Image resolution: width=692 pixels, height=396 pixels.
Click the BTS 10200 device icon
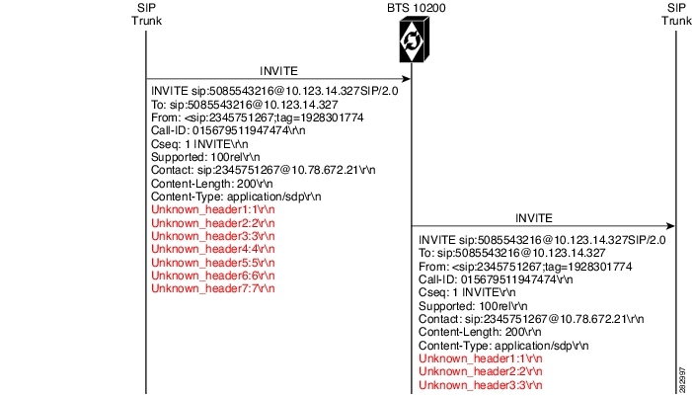click(x=414, y=40)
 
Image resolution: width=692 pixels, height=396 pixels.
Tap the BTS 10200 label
click(x=417, y=8)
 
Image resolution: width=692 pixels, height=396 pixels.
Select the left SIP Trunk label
click(x=146, y=14)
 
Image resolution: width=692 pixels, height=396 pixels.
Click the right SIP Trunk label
click(x=676, y=14)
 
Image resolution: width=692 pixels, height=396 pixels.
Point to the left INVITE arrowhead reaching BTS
click(x=406, y=79)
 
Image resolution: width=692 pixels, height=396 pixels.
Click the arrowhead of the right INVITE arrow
click(x=670, y=226)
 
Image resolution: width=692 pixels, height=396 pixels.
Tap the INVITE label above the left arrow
click(x=278, y=71)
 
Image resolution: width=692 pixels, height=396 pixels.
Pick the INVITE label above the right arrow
click(x=534, y=218)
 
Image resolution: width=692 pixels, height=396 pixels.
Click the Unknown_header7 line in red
click(x=212, y=288)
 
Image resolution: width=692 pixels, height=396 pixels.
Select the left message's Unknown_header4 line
click(x=212, y=249)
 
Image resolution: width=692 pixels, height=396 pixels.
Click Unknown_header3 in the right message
click(x=480, y=385)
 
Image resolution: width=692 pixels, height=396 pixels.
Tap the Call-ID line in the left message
click(x=228, y=130)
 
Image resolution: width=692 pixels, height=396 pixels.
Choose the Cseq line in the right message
click(x=467, y=292)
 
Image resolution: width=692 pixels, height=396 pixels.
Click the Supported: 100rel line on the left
click(x=205, y=157)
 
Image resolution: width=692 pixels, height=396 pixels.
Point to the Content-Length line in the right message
click(x=480, y=332)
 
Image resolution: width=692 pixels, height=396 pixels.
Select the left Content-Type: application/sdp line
click(x=236, y=197)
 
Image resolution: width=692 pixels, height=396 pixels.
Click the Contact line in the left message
click(x=263, y=170)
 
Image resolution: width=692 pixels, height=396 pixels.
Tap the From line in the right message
click(x=525, y=267)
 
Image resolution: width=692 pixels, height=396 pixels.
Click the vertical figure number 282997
click(x=683, y=380)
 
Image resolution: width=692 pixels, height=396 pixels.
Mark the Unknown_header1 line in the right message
click(x=480, y=358)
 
